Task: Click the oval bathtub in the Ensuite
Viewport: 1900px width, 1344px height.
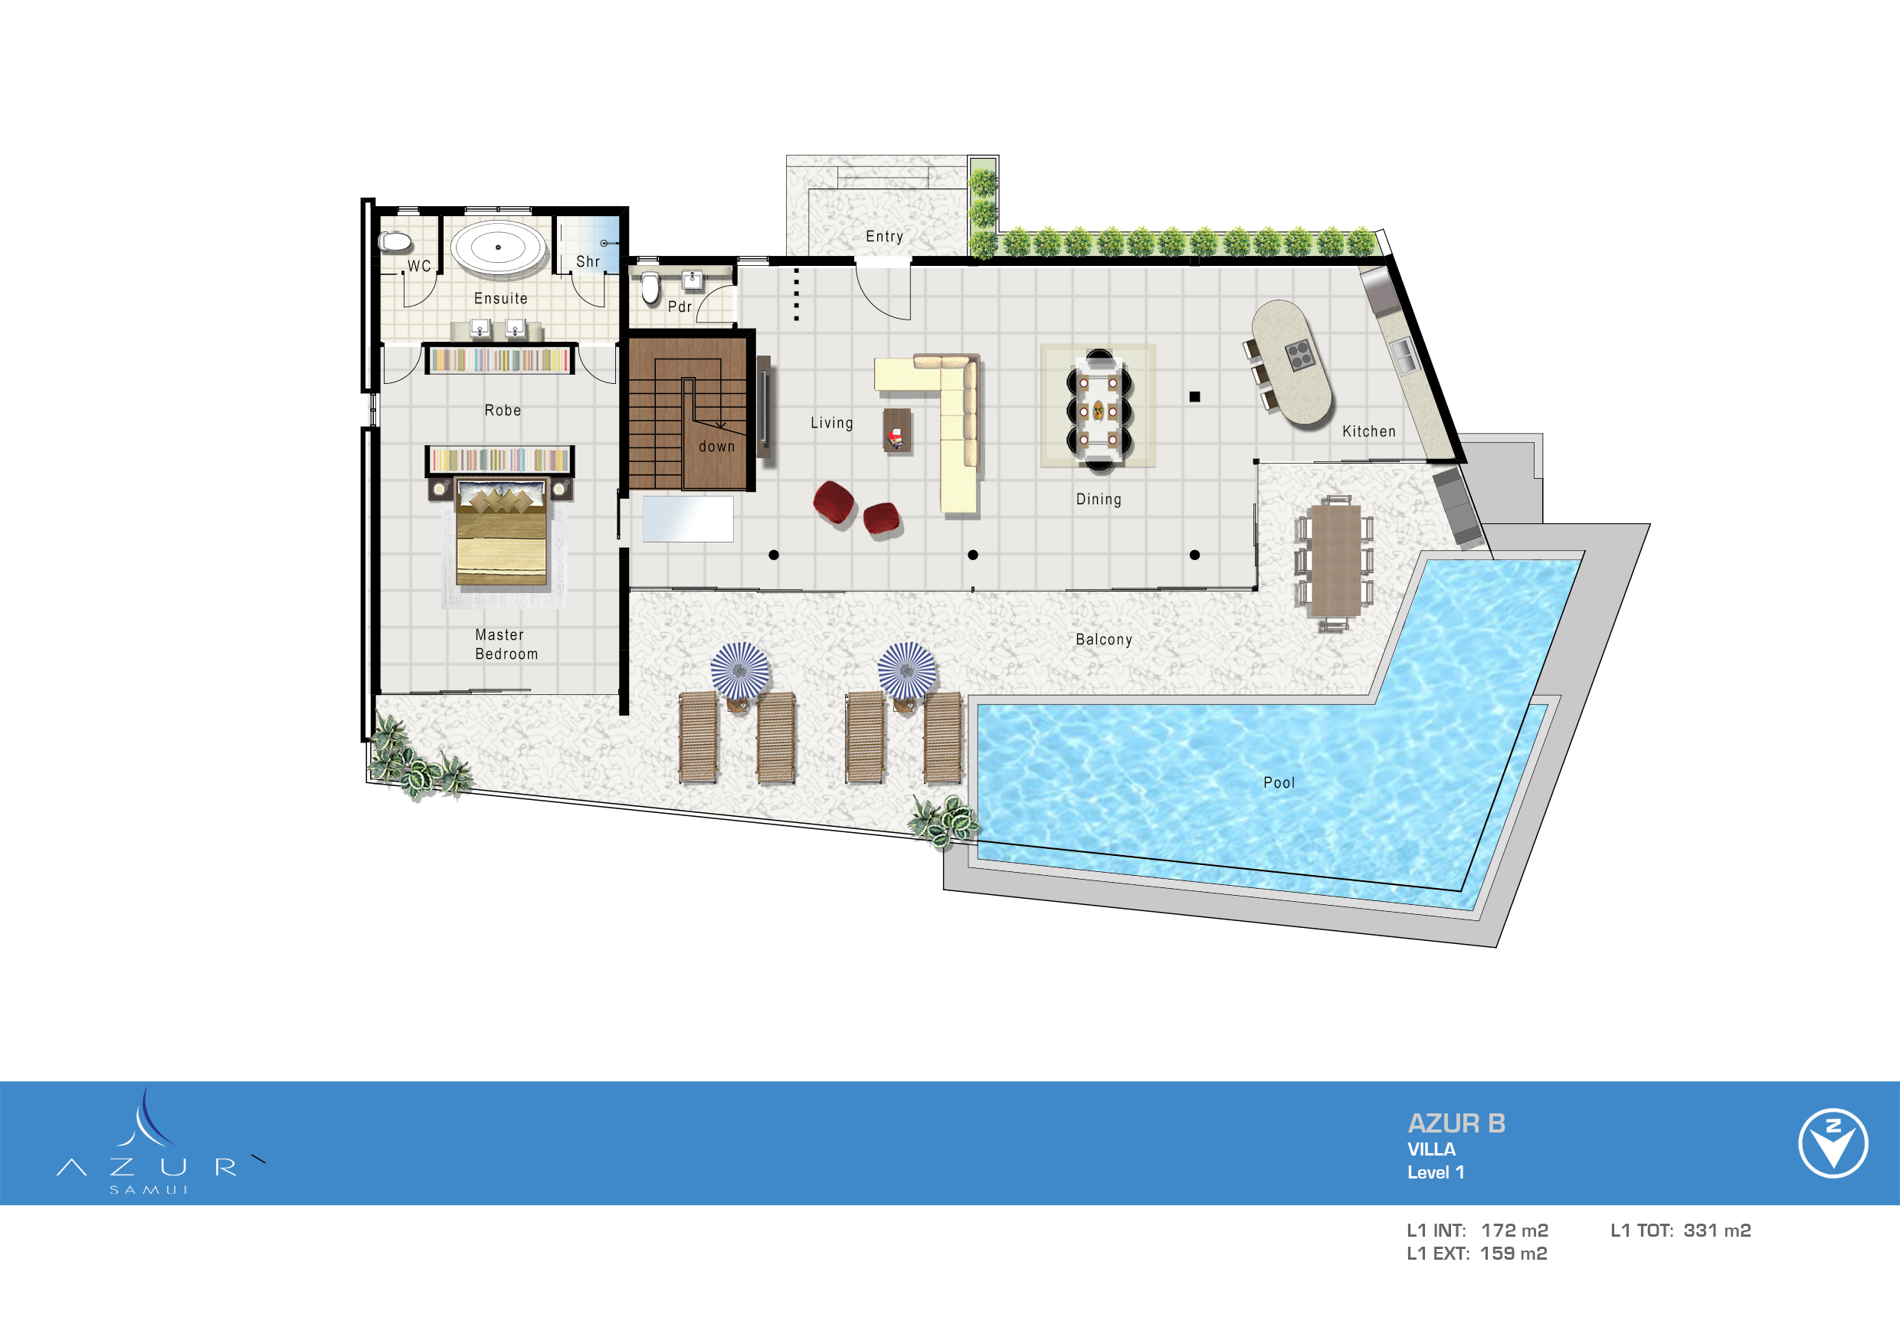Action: (x=498, y=247)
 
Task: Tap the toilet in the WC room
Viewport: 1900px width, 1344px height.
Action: (x=395, y=241)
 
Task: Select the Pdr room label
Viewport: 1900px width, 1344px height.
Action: (x=680, y=307)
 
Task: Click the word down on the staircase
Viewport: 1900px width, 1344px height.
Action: (x=716, y=447)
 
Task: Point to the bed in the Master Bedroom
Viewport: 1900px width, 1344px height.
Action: (x=502, y=534)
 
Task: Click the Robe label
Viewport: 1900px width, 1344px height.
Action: (x=503, y=411)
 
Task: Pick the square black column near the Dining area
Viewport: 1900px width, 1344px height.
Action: (x=1194, y=397)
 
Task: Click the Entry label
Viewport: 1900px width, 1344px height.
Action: (x=884, y=237)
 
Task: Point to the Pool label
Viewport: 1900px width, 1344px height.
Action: (x=1279, y=783)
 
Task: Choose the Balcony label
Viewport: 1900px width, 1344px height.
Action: (x=1103, y=640)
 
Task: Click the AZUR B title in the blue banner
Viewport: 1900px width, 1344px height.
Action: (x=1456, y=1123)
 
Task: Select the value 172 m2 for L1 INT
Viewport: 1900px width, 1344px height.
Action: (x=1514, y=1231)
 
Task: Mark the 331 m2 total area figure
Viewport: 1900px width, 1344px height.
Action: (x=1716, y=1231)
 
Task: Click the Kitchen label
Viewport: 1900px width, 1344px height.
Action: (x=1368, y=432)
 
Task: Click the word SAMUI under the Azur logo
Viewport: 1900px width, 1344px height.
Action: (x=149, y=1190)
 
